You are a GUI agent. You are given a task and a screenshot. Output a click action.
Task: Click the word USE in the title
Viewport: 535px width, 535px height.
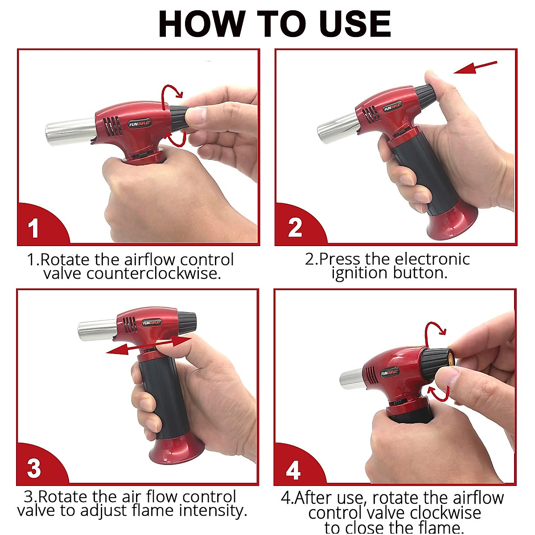point(355,24)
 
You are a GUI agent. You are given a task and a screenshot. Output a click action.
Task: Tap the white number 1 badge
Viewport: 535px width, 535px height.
point(33,228)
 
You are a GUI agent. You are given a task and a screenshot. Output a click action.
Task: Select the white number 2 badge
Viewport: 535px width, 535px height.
point(295,228)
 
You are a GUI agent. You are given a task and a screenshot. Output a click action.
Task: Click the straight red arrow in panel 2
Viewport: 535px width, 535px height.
point(475,67)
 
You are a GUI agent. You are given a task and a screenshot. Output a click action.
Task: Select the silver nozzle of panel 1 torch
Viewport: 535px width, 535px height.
point(71,132)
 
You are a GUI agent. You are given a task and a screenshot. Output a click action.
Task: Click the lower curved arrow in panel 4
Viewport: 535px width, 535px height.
point(439,393)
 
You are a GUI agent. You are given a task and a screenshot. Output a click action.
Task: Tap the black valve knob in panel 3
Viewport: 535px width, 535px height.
point(187,319)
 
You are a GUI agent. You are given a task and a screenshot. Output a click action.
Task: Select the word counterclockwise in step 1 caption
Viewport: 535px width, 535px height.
point(154,274)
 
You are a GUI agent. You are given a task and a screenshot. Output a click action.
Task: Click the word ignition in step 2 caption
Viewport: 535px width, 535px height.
point(359,274)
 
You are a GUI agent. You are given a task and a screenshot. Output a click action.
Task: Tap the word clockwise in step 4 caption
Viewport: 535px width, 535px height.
point(445,513)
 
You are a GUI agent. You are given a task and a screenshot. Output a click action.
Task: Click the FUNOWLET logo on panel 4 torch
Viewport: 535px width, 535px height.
point(390,373)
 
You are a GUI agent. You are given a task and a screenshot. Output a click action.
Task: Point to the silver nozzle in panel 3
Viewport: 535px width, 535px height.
point(98,330)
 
